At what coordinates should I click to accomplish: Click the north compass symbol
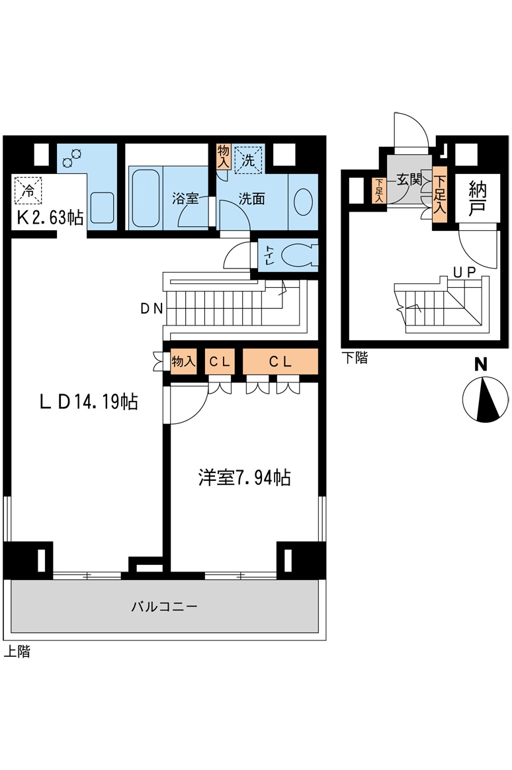click(486, 399)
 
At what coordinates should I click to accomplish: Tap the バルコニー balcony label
click(164, 606)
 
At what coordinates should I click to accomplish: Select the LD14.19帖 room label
click(89, 402)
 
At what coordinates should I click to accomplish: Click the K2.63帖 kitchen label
click(50, 218)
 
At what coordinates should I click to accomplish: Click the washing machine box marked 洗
click(248, 159)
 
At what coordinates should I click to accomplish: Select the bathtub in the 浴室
click(144, 197)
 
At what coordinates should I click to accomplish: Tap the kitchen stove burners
click(71, 158)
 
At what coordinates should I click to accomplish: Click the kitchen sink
click(103, 208)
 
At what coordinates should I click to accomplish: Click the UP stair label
click(466, 271)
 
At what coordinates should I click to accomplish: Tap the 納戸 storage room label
click(476, 197)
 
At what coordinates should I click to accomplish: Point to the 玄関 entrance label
click(409, 179)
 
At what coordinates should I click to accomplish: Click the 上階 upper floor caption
click(17, 652)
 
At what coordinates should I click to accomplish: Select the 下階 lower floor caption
click(355, 359)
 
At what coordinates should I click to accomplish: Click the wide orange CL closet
click(280, 362)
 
